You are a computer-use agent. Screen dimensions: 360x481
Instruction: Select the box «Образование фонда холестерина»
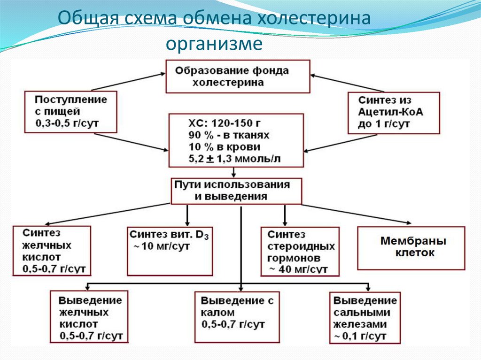(x=238, y=76)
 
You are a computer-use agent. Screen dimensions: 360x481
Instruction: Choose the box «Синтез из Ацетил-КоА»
(x=393, y=113)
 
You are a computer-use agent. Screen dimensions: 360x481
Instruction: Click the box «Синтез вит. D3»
(x=168, y=251)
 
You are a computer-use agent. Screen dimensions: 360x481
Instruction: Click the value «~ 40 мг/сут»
(x=298, y=269)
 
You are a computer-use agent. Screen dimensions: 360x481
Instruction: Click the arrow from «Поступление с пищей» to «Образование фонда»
(x=127, y=81)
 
